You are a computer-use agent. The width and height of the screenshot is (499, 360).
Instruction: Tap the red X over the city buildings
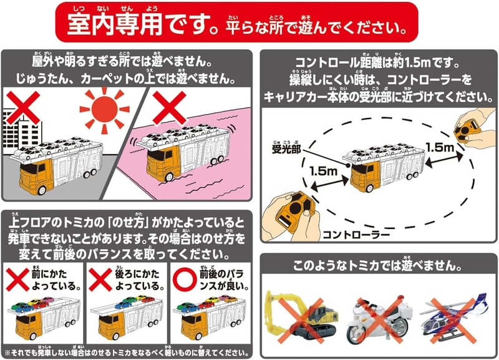click(23, 107)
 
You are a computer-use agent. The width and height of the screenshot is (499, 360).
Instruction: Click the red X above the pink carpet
click(169, 107)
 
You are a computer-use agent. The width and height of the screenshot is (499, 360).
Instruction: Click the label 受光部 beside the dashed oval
click(286, 148)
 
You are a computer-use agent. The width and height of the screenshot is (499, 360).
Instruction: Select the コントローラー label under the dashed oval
click(356, 235)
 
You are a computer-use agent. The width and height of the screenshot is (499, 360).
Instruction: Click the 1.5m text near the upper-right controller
click(440, 147)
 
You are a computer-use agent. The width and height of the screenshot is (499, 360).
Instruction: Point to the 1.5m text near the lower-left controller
click(323, 171)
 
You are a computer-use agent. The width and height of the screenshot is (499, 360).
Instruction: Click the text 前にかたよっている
click(55, 280)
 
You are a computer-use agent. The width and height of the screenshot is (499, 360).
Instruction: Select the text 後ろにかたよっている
click(138, 280)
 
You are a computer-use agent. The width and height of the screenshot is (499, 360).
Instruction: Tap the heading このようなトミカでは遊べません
click(377, 265)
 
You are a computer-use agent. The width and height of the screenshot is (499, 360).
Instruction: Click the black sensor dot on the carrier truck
click(348, 165)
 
